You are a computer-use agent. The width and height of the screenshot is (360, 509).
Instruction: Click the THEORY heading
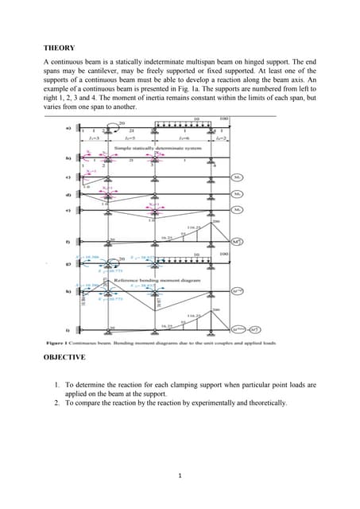click(60, 48)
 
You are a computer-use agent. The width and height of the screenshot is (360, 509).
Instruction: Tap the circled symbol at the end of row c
click(236, 177)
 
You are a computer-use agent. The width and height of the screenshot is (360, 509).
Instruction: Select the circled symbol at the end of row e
click(236, 210)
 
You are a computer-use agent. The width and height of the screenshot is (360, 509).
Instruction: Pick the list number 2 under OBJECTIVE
click(57, 403)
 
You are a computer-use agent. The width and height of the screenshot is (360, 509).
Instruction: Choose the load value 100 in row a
click(223, 119)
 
